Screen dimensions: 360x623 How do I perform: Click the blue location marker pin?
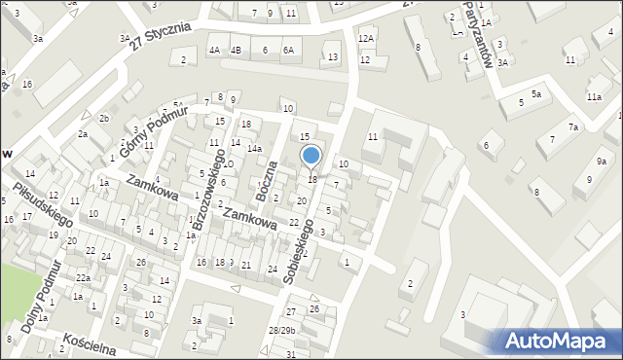311,156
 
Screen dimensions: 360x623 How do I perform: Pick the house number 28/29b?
282,331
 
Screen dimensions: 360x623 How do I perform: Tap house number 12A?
365,38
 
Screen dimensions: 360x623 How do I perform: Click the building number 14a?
254,149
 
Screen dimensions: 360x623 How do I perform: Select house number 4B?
236,50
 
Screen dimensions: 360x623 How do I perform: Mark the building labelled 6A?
288,50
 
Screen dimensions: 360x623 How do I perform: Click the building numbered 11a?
594,97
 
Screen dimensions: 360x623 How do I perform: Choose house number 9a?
602,161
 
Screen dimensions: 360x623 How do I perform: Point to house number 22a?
84,278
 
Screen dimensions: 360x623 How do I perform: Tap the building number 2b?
103,118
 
